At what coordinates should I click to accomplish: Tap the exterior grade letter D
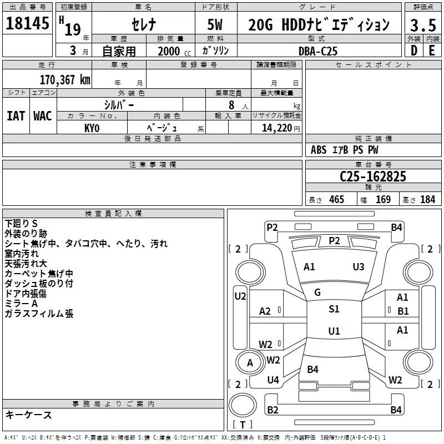point(413,51)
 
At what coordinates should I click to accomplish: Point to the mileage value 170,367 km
point(65,80)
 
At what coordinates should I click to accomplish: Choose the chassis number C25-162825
point(373,177)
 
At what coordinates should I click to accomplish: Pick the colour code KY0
point(92,128)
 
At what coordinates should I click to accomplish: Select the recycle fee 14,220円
point(276,128)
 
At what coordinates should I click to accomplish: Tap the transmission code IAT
point(16,115)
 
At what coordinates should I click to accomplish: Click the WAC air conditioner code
point(43,115)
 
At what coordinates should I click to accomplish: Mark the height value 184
point(427,200)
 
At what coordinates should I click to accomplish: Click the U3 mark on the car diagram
point(359,267)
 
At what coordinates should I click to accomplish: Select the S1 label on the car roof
point(334,309)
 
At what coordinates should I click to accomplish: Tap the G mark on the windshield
point(317,292)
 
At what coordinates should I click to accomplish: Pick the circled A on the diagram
point(250,363)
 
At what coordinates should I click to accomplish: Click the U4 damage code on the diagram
point(273,380)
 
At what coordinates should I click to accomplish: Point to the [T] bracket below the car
point(242,425)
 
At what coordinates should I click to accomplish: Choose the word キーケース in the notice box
point(29,415)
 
